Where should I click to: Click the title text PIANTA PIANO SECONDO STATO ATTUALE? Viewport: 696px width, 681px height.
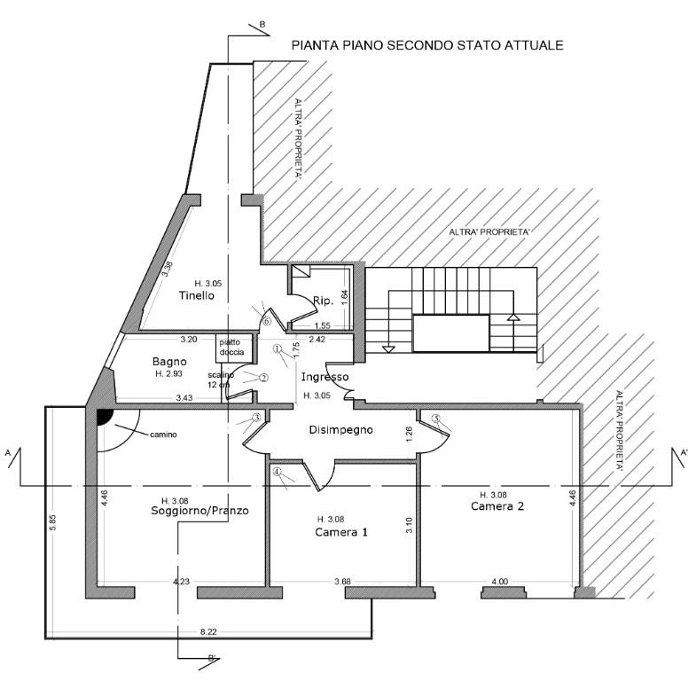(x=427, y=44)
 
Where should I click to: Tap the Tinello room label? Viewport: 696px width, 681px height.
(x=196, y=295)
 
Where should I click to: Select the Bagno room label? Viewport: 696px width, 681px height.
(x=168, y=361)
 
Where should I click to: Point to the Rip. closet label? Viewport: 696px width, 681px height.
(x=323, y=302)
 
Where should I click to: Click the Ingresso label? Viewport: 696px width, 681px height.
(x=325, y=377)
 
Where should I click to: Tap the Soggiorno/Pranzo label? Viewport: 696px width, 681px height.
(x=199, y=511)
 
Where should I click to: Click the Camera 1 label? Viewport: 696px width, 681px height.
(x=341, y=532)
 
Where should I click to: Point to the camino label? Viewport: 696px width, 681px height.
(x=162, y=434)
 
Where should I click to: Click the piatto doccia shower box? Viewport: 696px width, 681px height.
(x=232, y=347)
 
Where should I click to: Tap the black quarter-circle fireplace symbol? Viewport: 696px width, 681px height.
(x=103, y=416)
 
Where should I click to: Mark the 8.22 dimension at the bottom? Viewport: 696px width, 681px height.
(x=208, y=631)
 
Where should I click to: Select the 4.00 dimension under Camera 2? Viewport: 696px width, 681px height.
(x=498, y=582)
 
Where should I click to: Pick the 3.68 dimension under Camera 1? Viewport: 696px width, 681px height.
(x=343, y=582)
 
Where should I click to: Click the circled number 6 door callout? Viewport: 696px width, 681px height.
(x=266, y=321)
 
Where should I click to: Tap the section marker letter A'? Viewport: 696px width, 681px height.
(x=684, y=453)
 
